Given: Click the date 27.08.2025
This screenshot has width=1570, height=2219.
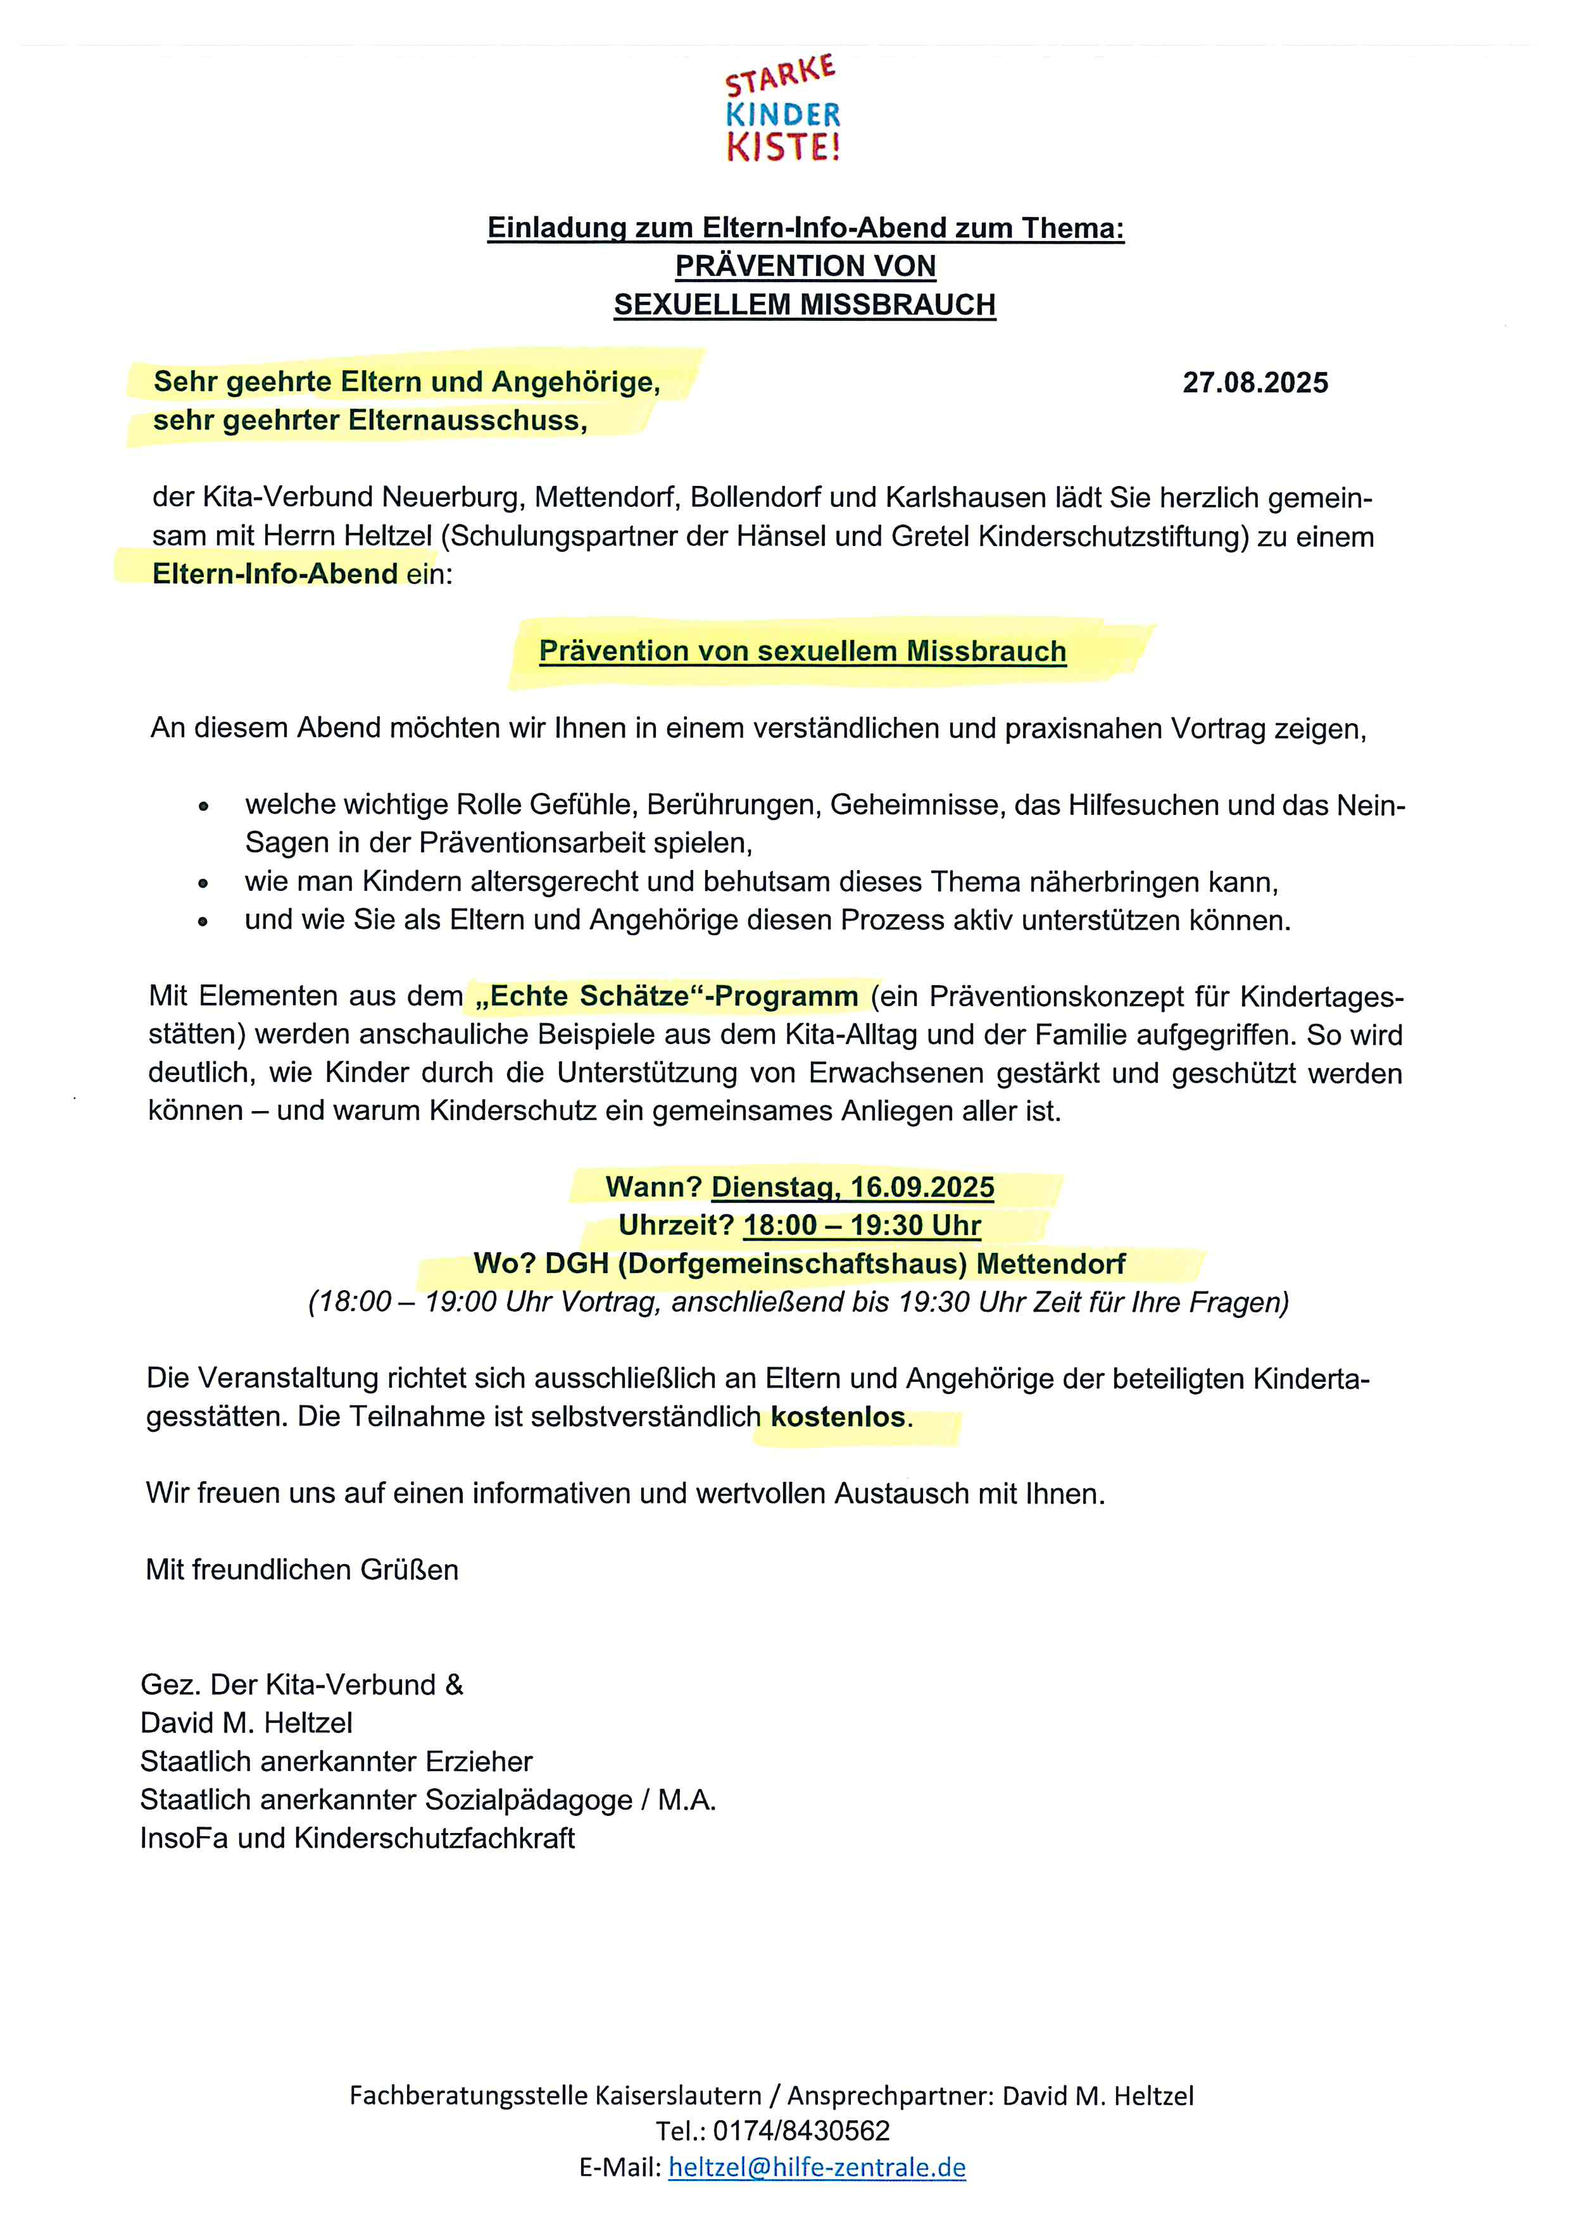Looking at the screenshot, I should click(x=1255, y=383).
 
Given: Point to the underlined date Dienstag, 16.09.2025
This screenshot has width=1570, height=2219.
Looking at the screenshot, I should click(x=853, y=1187).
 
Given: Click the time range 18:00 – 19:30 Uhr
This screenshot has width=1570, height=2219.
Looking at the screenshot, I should click(x=862, y=1226).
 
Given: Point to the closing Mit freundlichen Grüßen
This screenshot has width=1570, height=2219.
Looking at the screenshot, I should click(x=301, y=1570).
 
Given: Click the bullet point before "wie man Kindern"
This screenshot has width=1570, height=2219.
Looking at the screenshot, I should click(x=203, y=883).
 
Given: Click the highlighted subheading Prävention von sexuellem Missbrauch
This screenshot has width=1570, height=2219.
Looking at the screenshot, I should click(x=802, y=651).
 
